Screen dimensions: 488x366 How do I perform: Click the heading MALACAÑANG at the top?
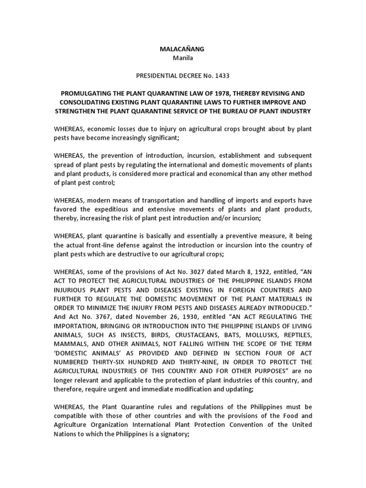click(x=183, y=49)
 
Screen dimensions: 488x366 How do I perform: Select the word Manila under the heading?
click(x=183, y=58)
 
